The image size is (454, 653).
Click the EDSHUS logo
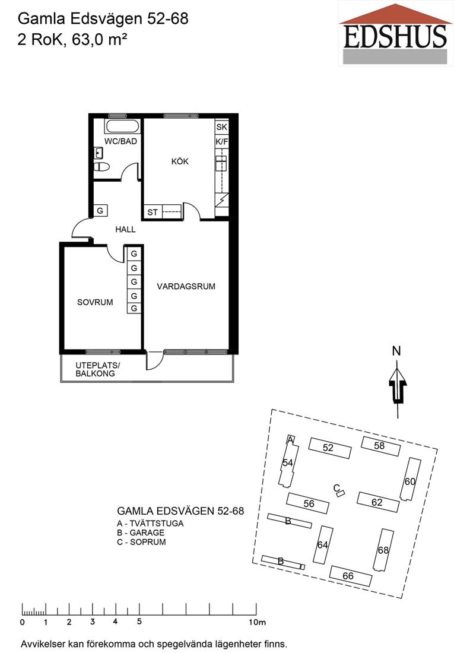point(395,33)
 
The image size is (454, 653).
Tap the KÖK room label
point(180,161)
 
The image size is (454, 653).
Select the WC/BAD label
point(120,141)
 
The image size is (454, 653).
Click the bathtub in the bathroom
point(122,126)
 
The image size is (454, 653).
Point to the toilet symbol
point(101,167)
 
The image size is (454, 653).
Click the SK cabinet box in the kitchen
point(221,127)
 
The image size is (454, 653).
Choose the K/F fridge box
point(221,142)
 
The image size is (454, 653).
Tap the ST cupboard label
point(153,212)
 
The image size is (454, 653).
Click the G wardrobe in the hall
point(100,211)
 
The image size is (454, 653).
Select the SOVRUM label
point(95,302)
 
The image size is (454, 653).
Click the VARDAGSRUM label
point(186,287)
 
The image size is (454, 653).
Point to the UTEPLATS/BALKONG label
point(97,369)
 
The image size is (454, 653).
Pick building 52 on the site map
point(329,448)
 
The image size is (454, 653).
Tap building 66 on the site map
point(350,576)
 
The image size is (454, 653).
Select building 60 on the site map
point(410,480)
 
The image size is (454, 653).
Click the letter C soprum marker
point(336,487)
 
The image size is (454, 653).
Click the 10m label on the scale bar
point(257,623)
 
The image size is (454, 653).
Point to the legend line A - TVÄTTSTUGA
point(150,524)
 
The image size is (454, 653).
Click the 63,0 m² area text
point(99,40)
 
